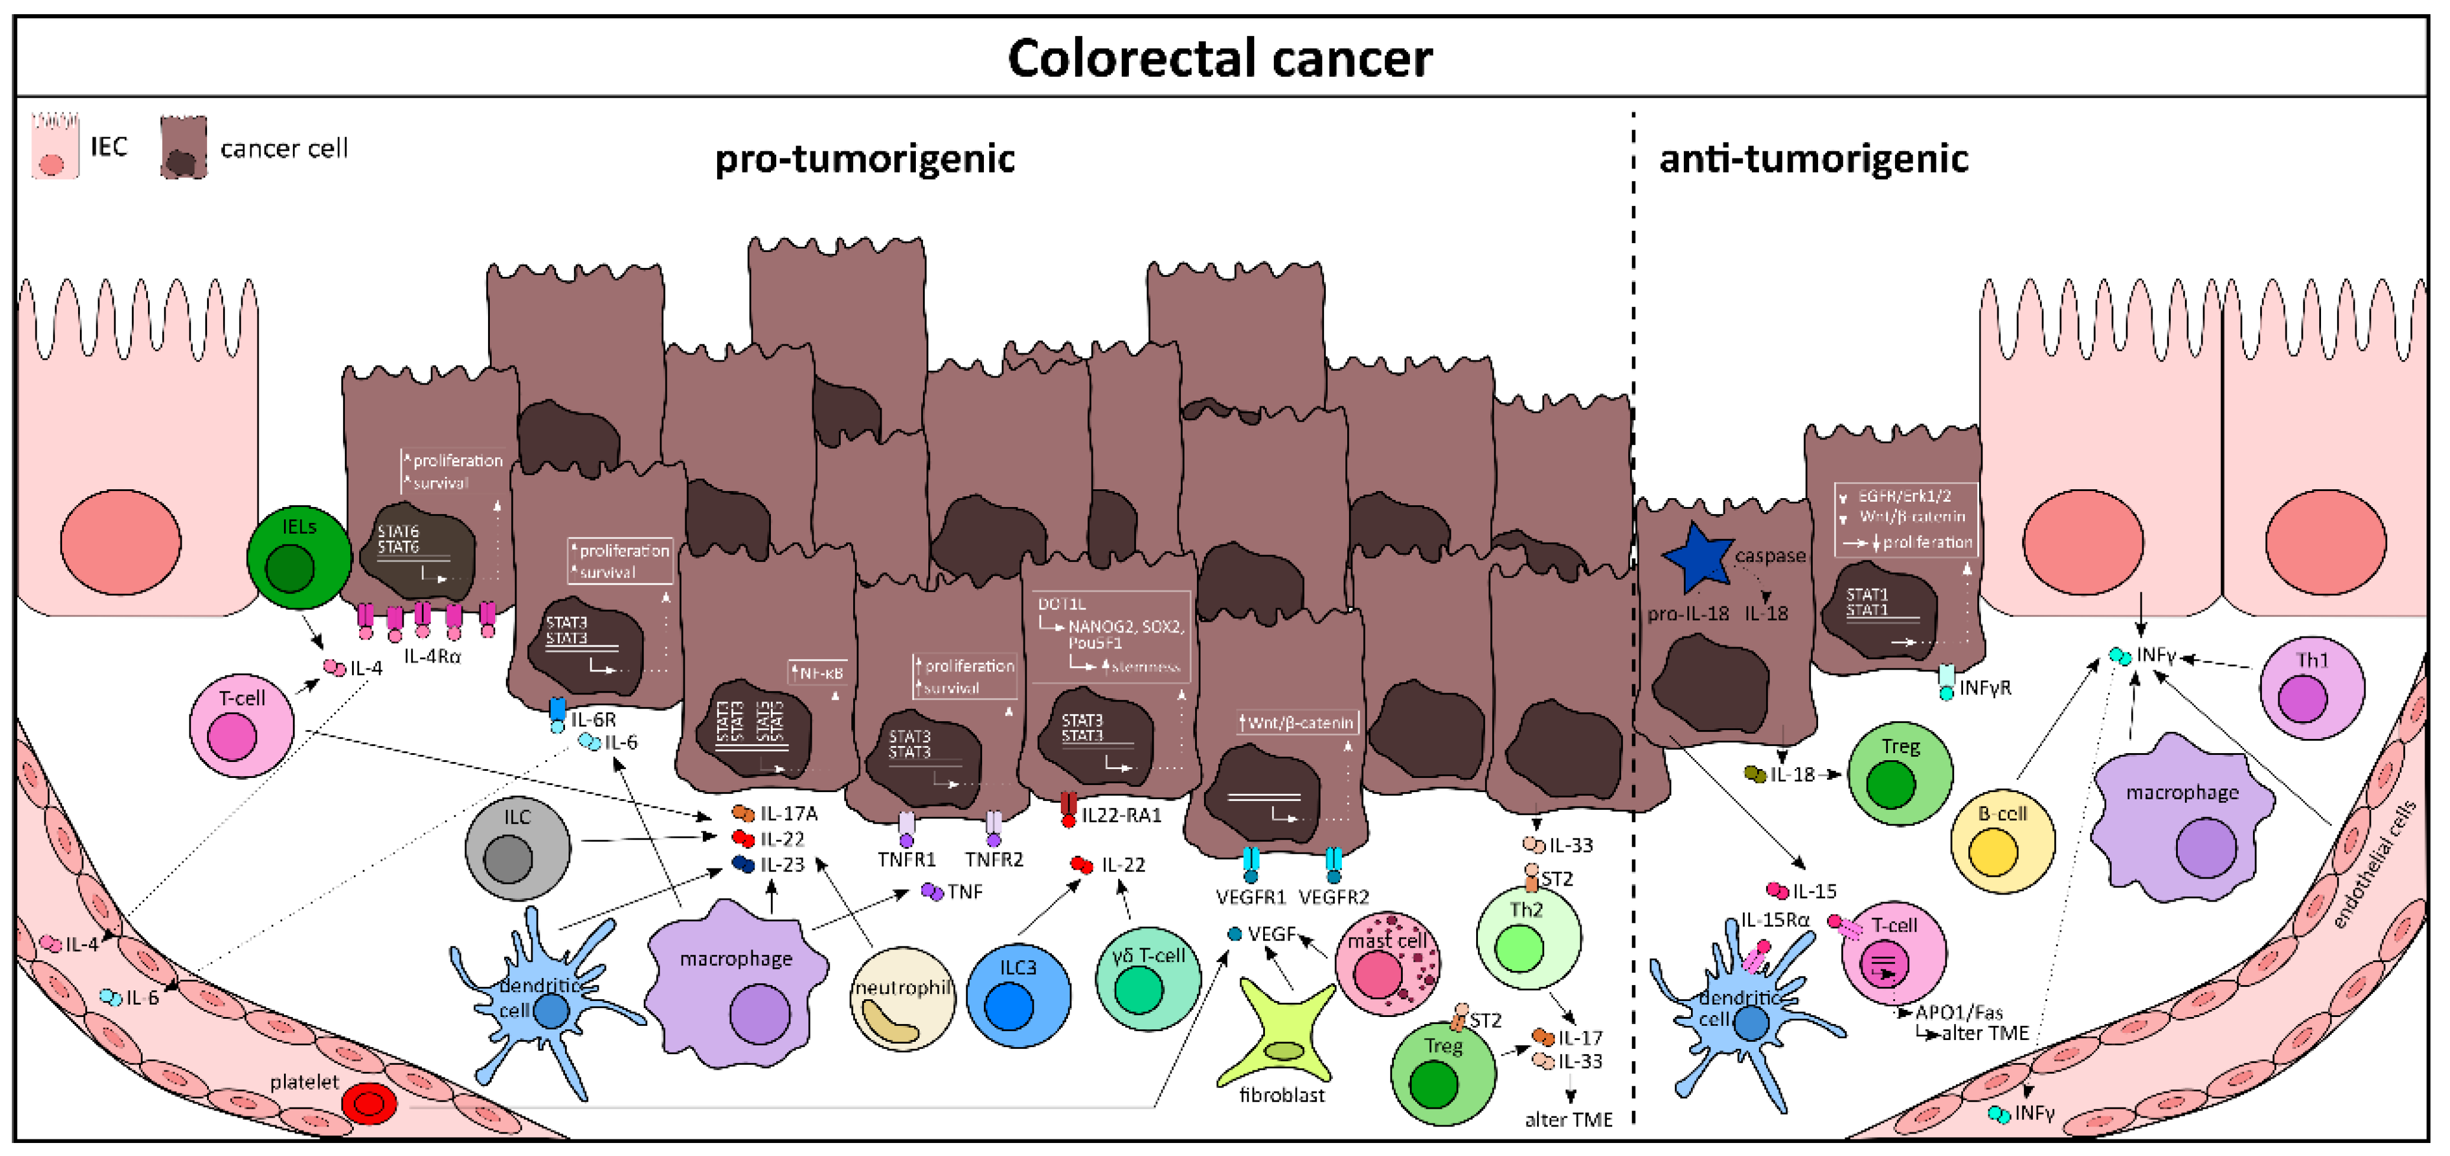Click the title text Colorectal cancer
1219,59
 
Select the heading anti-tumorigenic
1813,159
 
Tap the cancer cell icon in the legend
183,147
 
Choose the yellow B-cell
2002,841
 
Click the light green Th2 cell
1528,937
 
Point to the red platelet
369,1104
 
